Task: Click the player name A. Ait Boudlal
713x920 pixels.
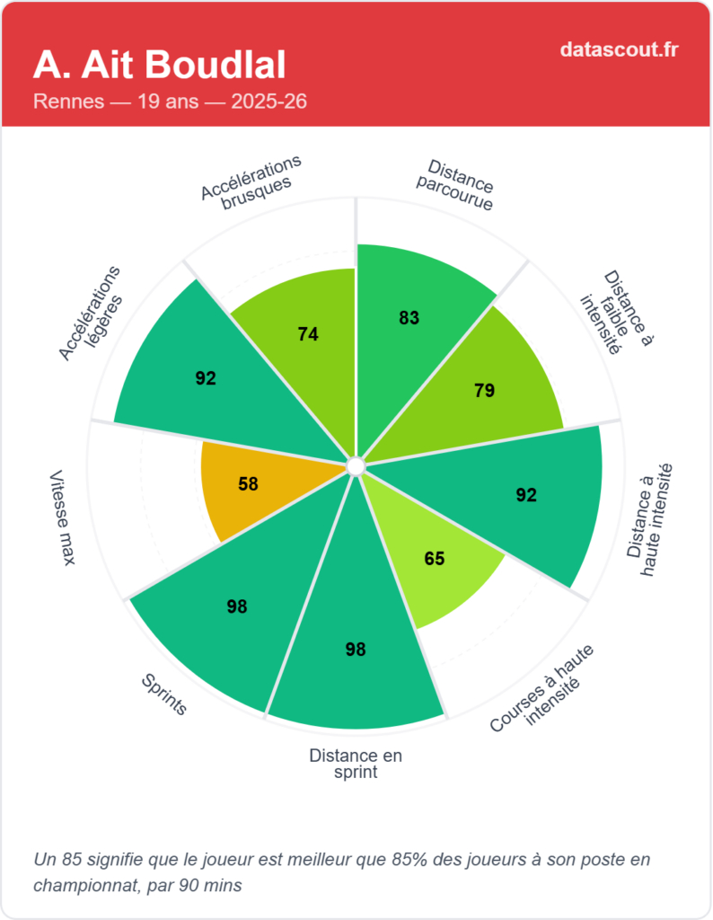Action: click(x=160, y=65)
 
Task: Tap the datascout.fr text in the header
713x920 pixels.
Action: click(x=619, y=49)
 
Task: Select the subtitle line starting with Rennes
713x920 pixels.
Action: click(x=170, y=102)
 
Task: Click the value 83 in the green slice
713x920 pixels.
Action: click(x=409, y=317)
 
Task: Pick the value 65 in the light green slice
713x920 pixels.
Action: click(x=434, y=558)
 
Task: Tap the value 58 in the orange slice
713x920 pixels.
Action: click(x=248, y=484)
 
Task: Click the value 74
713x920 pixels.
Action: click(x=308, y=334)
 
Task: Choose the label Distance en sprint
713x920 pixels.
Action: click(x=356, y=764)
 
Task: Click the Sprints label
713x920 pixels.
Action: click(x=164, y=694)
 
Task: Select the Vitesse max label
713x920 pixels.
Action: click(x=62, y=517)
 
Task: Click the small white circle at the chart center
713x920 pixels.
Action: click(x=355, y=466)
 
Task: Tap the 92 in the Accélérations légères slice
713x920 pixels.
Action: click(x=206, y=378)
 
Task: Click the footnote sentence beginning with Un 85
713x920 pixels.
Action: click(x=340, y=871)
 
